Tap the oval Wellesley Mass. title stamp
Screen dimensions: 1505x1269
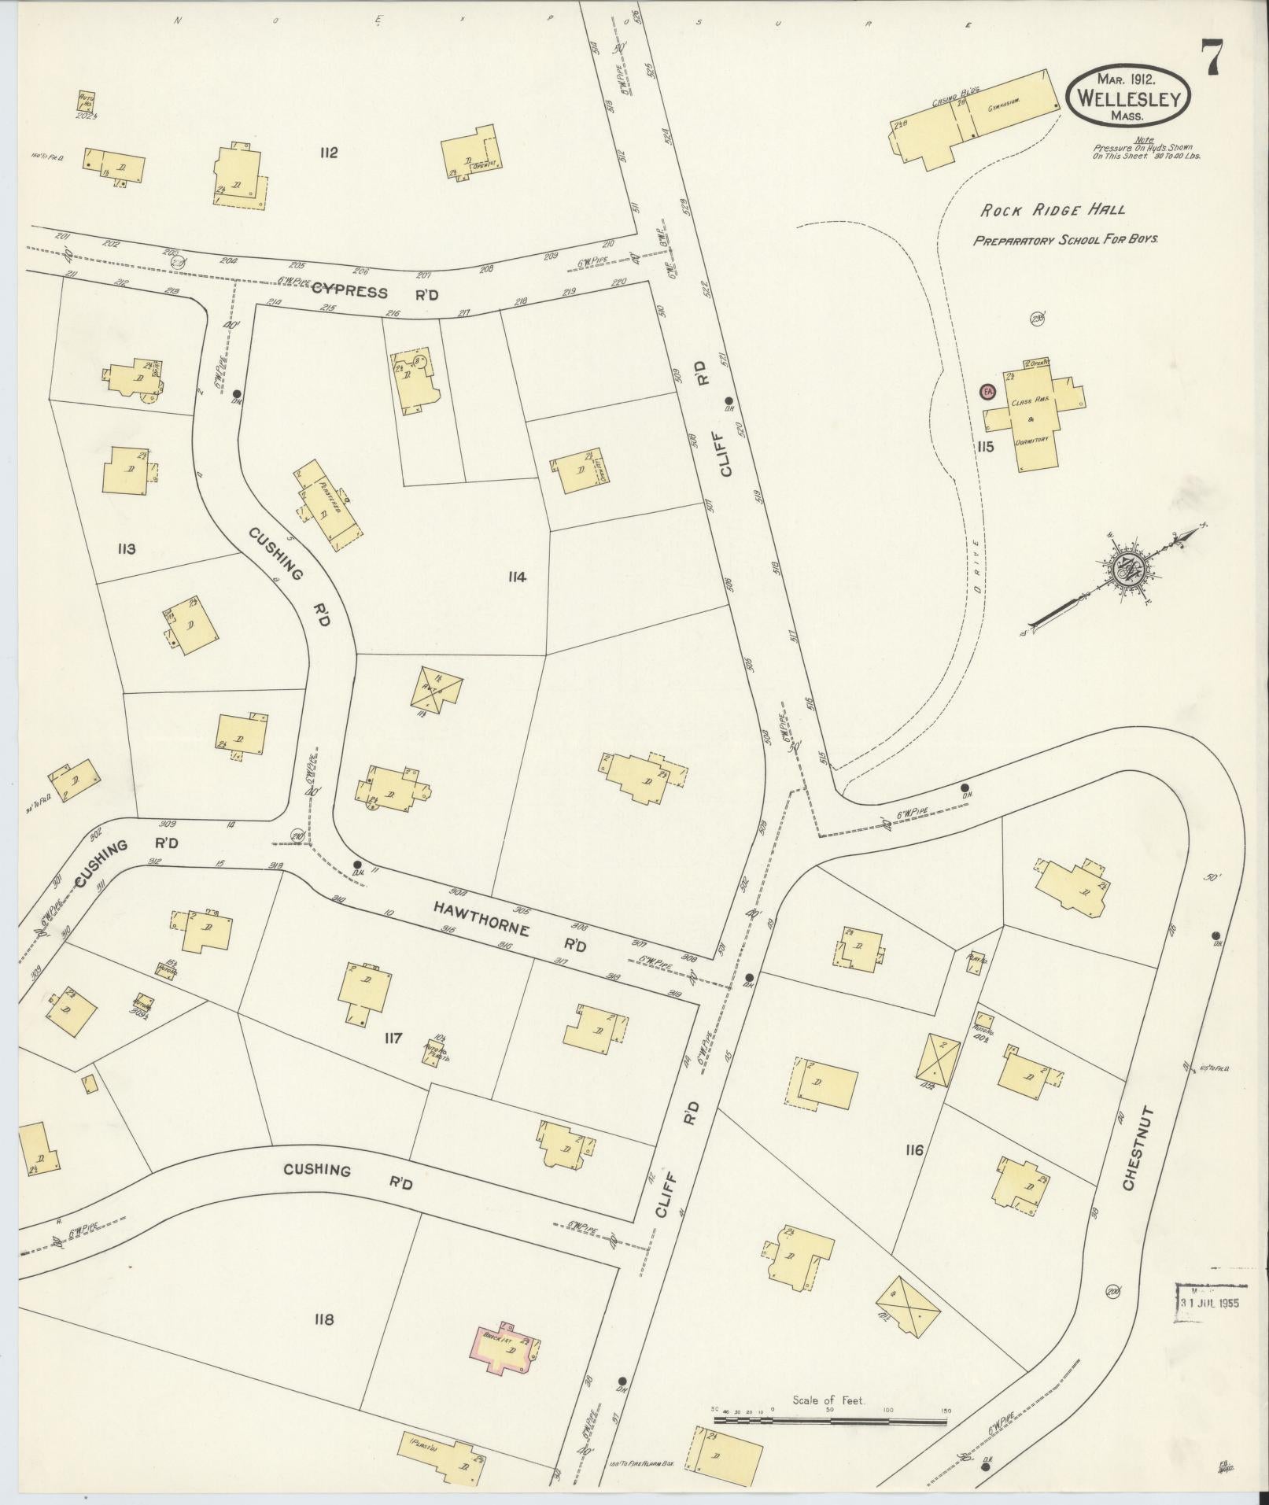(x=1127, y=95)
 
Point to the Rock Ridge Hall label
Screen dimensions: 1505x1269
(x=1052, y=210)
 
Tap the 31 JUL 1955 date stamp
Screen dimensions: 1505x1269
(x=1210, y=1302)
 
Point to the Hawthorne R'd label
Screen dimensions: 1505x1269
(x=510, y=925)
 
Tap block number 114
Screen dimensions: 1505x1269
(x=516, y=577)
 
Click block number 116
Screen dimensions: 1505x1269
(x=913, y=1151)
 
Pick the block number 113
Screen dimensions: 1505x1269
(x=126, y=548)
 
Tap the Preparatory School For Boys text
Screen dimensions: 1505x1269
(x=1065, y=240)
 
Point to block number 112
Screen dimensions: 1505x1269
(x=328, y=153)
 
